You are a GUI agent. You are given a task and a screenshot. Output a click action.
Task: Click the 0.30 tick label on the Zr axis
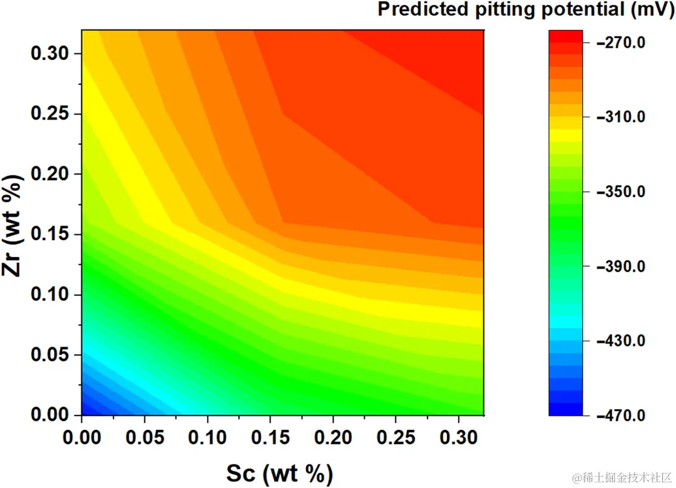point(51,54)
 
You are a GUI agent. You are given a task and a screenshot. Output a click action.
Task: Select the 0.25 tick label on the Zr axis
point(51,114)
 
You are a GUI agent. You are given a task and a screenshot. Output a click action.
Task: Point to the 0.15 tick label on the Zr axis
point(51,235)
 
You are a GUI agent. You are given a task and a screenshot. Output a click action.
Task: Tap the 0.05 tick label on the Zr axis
point(51,355)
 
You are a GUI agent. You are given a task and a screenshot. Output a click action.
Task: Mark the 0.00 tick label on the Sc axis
point(82,436)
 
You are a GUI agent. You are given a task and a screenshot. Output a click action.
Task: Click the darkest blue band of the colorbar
point(566,410)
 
